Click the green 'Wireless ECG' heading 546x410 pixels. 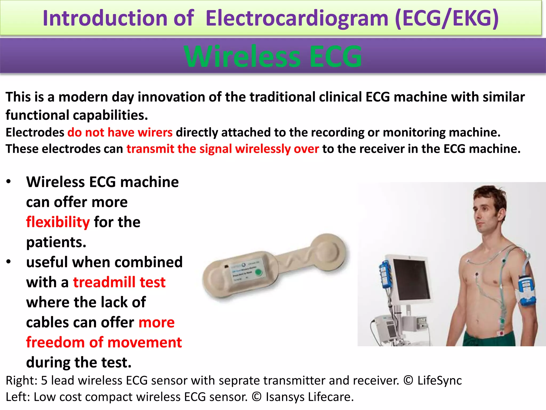point(273,57)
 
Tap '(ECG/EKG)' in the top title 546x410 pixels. point(447,18)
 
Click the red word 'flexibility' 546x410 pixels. point(58,222)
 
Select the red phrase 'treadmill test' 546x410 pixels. point(119,282)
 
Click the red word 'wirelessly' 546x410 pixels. point(263,149)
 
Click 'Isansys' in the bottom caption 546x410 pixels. point(285,397)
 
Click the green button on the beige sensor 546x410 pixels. point(258,272)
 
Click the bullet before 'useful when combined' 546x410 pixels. point(9,262)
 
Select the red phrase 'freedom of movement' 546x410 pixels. point(104,342)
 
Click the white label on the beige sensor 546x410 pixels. point(244,271)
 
